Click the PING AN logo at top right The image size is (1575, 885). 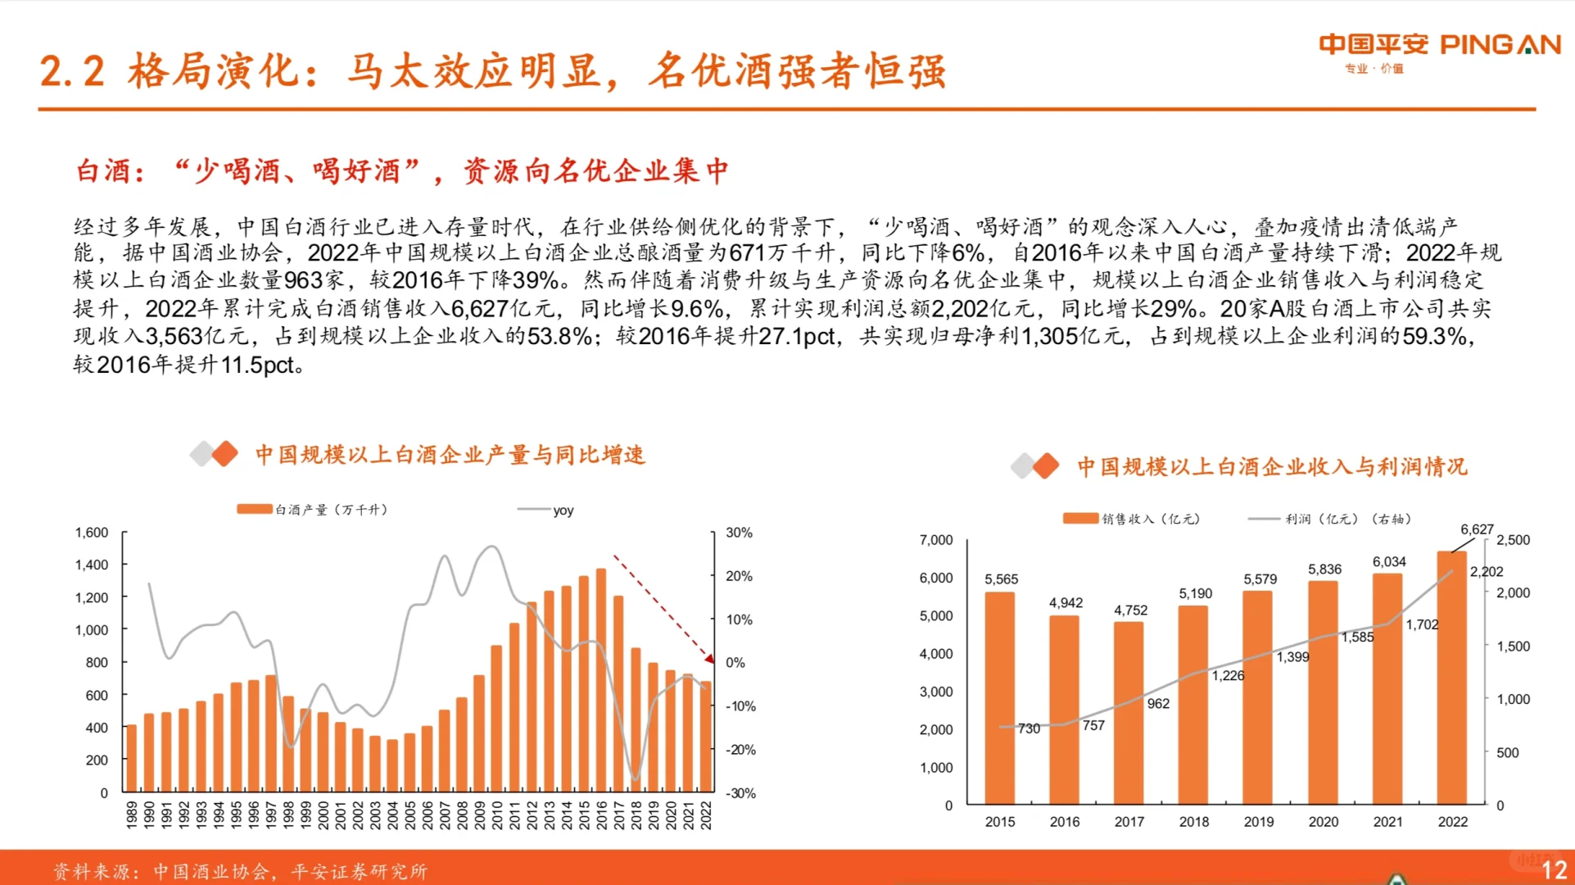1439,46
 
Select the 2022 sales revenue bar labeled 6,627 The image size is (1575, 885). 1451,680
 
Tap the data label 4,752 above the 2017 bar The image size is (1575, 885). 1130,610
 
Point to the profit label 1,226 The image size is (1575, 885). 1228,676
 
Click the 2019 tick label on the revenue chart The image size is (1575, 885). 1259,822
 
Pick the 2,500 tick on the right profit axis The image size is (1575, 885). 1513,540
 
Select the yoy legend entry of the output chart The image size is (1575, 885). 562,511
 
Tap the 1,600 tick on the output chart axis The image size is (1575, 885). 92,533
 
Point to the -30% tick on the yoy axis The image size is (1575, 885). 740,793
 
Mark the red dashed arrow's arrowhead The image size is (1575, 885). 709,658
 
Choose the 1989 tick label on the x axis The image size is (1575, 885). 132,815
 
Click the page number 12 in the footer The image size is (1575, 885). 1554,870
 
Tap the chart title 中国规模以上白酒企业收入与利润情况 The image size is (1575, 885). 1271,467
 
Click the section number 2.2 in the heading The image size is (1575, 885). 72,72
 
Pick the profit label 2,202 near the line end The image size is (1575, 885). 1486,572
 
